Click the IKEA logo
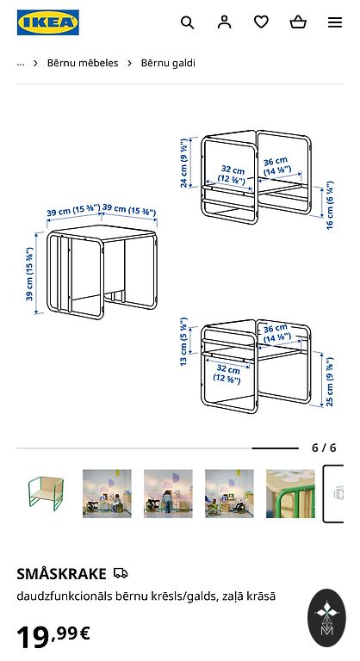[48, 22]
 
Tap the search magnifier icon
[188, 22]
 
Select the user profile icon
[225, 22]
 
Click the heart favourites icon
[261, 22]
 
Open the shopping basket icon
[298, 22]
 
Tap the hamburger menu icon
[335, 22]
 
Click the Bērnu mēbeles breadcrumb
[83, 63]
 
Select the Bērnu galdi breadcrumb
[168, 63]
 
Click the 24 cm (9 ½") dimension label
[184, 163]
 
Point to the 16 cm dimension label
[330, 206]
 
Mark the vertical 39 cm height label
[29, 274]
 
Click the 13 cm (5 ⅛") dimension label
[183, 342]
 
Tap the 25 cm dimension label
[330, 381]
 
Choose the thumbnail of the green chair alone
[46, 494]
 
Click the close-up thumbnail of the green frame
[290, 494]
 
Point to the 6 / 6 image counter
[324, 448]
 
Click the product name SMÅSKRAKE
[62, 574]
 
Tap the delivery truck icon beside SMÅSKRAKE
[121, 573]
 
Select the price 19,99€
[53, 637]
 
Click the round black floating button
[326, 618]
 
